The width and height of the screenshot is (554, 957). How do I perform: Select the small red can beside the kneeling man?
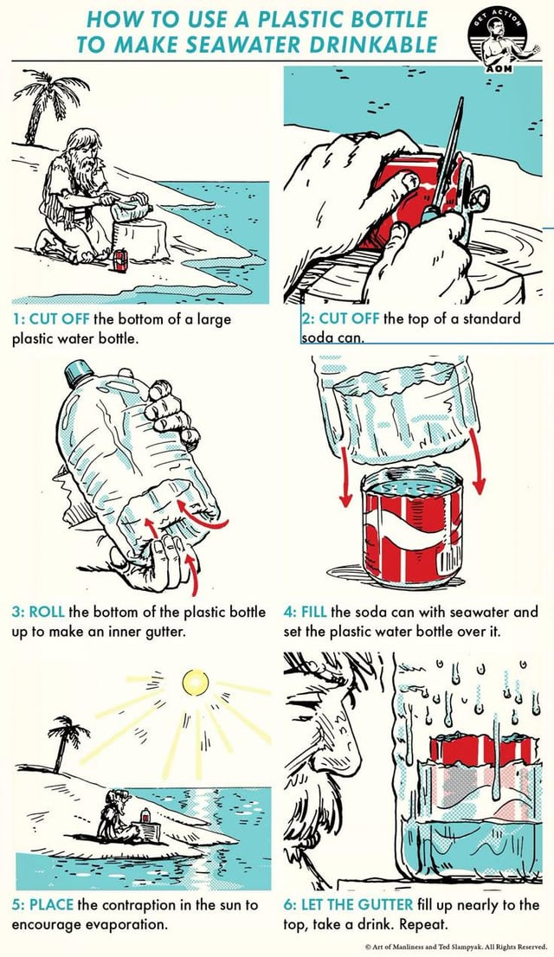pos(120,261)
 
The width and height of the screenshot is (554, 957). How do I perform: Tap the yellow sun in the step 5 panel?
pos(195,682)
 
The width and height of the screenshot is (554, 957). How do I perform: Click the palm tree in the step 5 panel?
pos(68,742)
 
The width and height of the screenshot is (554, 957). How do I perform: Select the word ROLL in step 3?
pos(47,612)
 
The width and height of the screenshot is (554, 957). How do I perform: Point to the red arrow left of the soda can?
pos(345,475)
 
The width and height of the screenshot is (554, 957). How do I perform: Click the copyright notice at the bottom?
pos(455,947)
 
